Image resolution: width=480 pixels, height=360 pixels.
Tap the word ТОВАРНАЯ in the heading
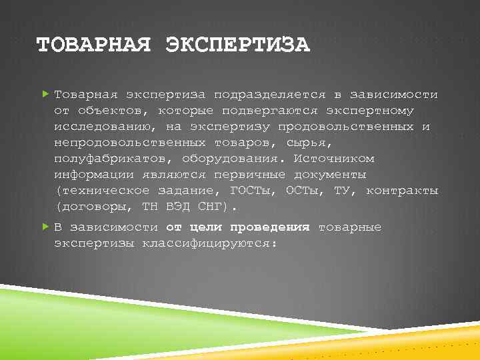pyautogui.click(x=95, y=45)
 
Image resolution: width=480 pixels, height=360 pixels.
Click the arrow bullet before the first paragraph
pyautogui.click(x=45, y=95)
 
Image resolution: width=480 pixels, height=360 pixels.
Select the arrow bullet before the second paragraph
pyautogui.click(x=45, y=227)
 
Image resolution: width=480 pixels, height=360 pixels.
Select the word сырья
pyautogui.click(x=311, y=143)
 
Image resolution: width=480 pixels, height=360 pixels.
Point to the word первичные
pyautogui.click(x=249, y=175)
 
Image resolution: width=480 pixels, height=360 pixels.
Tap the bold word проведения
pyautogui.click(x=275, y=227)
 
